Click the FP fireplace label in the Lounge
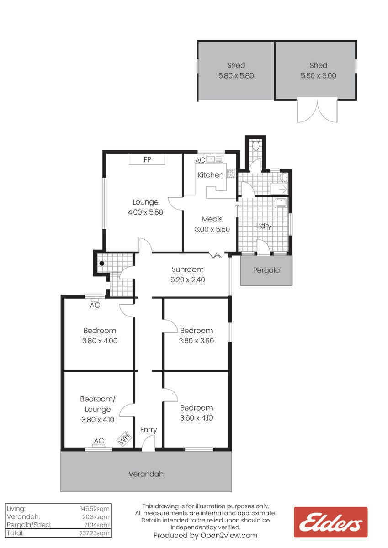(x=147, y=159)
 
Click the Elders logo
(x=330, y=522)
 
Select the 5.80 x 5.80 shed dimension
(x=236, y=76)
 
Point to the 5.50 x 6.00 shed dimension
(x=318, y=76)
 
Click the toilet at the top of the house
(x=255, y=146)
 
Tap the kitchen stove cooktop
(x=231, y=173)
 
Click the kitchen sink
(x=215, y=159)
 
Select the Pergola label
(x=266, y=270)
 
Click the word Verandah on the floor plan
(x=146, y=474)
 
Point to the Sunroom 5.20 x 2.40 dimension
(x=187, y=279)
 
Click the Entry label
(x=149, y=430)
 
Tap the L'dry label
(x=264, y=226)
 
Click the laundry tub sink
(x=281, y=202)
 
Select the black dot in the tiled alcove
(x=102, y=263)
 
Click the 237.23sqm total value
(x=94, y=533)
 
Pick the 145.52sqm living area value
(x=95, y=509)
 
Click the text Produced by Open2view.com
(x=205, y=536)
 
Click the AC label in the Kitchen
(x=200, y=160)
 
